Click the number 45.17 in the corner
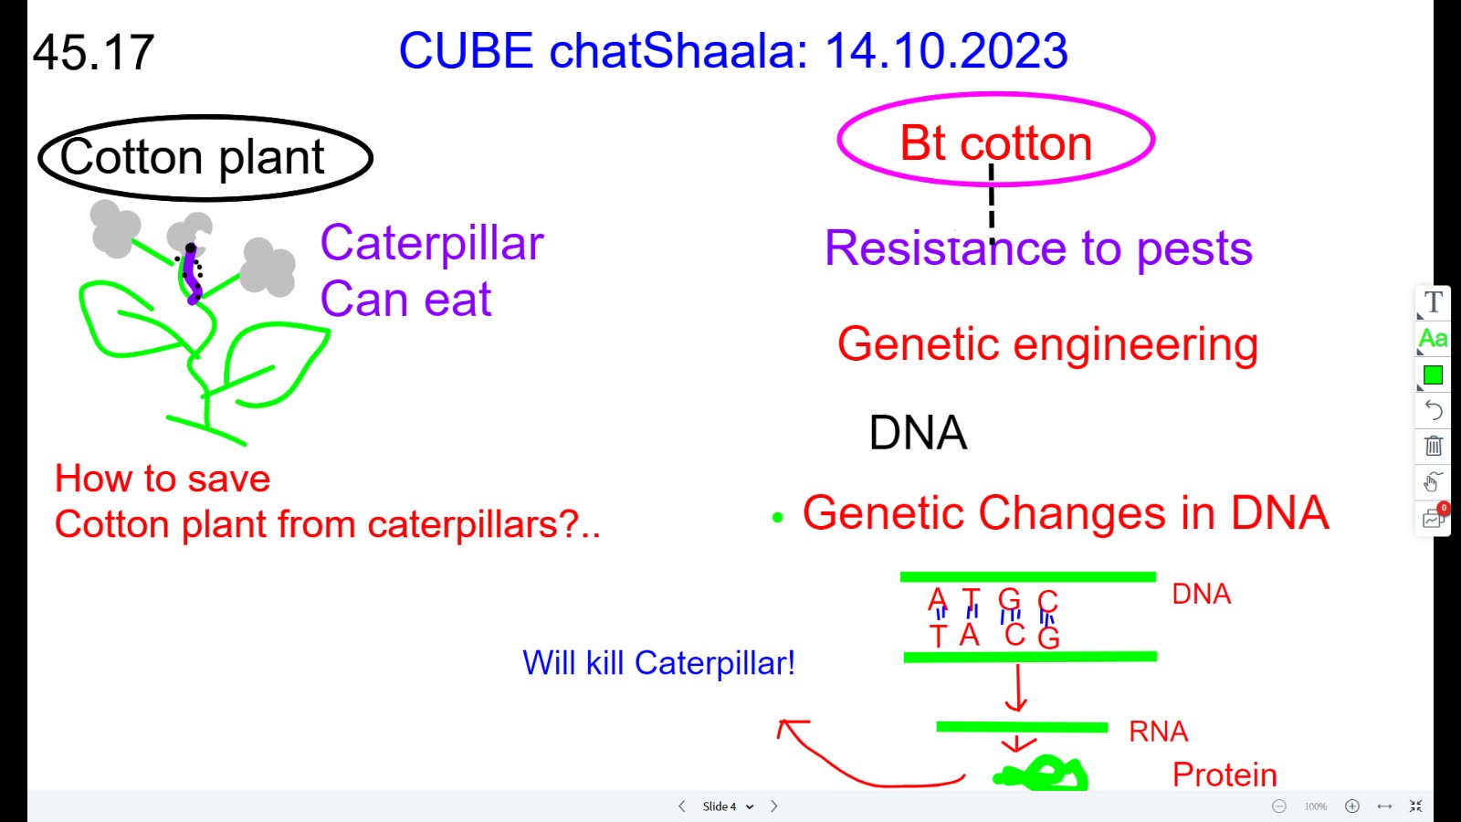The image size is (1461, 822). (93, 52)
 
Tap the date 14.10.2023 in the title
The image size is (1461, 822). (946, 51)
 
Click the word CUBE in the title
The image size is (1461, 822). (466, 51)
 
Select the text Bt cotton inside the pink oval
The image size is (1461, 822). (996, 142)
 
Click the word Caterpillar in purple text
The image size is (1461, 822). (432, 243)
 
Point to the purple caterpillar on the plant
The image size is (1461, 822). (191, 274)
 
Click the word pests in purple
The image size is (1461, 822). (1194, 251)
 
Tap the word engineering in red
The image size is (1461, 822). (1136, 346)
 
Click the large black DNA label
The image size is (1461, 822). (919, 432)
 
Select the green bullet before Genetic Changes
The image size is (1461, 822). (777, 517)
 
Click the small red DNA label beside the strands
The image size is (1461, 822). (1202, 594)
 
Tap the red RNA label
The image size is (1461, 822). (1159, 732)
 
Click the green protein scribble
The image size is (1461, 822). (1040, 774)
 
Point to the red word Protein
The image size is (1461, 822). (1225, 775)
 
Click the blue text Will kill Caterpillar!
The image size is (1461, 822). (658, 663)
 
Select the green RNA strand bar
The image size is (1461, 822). (1022, 727)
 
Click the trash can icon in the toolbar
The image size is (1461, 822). (1434, 447)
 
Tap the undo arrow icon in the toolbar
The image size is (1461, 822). (1434, 410)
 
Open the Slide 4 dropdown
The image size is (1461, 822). (728, 806)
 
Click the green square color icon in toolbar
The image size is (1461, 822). (1433, 375)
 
